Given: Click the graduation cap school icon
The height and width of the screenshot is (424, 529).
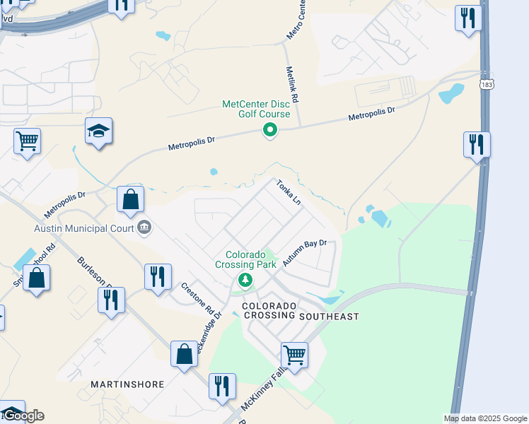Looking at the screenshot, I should coord(99,131).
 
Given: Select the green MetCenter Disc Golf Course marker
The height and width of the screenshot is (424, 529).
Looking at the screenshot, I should coord(269,130).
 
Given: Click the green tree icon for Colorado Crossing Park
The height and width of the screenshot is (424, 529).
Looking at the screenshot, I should coord(245,281).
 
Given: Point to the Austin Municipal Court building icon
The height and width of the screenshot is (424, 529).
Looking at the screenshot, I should coord(144,228).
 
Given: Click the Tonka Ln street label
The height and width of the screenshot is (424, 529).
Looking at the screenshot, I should coord(289,192).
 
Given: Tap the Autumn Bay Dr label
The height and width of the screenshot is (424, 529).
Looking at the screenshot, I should coord(304,253).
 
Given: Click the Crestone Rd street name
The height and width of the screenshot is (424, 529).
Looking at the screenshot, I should coord(197,298).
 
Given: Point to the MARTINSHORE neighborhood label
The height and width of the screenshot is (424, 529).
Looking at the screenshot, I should coord(127,384).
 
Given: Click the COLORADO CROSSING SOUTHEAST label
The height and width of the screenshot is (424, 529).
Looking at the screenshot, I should coord(301,312).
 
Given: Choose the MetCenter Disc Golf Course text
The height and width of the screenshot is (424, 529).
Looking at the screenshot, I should coord(256,109).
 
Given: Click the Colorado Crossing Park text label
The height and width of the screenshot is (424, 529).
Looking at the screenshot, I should coord(245,259).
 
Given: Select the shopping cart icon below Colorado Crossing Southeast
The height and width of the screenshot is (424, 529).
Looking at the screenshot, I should coord(294,354).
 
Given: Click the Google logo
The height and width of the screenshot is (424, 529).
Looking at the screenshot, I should coord(23,416).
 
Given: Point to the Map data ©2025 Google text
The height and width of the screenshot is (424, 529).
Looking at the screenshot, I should coord(485,418).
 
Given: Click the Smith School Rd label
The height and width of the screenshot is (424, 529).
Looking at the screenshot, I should coord(34,264).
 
